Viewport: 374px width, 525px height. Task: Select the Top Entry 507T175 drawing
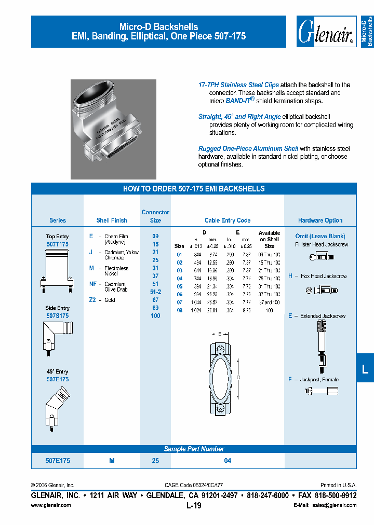coord(57,269)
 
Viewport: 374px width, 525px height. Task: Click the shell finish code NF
coord(92,284)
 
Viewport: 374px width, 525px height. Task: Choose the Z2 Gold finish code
coord(92,300)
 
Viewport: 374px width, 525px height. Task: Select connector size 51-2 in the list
coord(155,292)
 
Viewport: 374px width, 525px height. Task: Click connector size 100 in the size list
coord(155,316)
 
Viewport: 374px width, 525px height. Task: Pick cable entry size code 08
coord(179,310)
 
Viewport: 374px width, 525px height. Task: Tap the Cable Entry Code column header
coord(228,220)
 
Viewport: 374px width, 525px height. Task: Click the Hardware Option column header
coord(320,220)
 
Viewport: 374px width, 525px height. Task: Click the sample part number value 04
coord(228,461)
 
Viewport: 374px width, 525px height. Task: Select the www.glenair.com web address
coord(51,505)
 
